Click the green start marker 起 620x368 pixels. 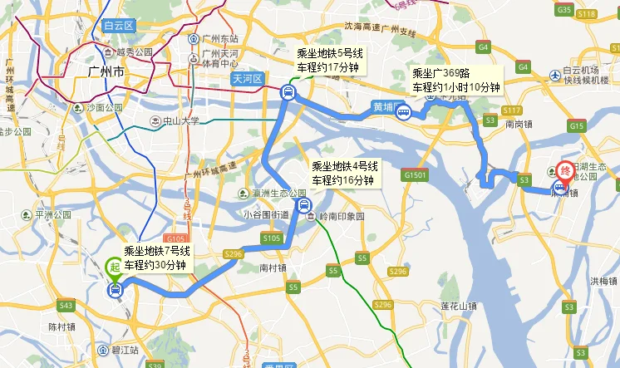[x=114, y=267]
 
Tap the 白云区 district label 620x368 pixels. [x=120, y=27]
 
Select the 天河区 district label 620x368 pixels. [x=247, y=79]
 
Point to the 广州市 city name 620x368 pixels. [x=106, y=72]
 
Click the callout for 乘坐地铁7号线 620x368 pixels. [x=158, y=258]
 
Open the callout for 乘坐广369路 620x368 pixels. [x=456, y=80]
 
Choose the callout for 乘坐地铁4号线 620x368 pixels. [x=343, y=174]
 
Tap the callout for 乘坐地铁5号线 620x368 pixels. [x=330, y=59]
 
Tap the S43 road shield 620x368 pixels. [x=66, y=307]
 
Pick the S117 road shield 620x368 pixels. [x=512, y=110]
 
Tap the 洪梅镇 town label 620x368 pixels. [x=603, y=281]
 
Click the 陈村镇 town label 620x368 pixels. [x=64, y=326]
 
